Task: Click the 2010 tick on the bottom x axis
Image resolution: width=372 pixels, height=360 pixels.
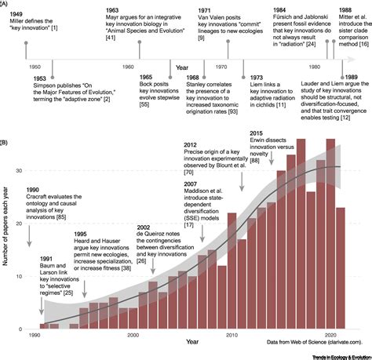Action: click(x=232, y=335)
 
